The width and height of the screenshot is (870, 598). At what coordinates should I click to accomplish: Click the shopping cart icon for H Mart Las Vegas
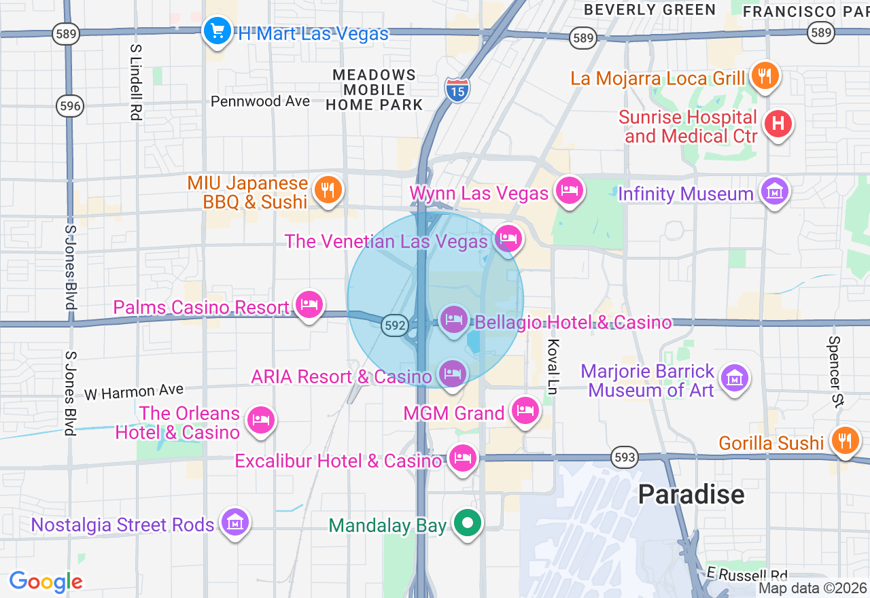(217, 31)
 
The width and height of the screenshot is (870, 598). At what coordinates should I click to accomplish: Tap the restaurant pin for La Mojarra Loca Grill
(765, 76)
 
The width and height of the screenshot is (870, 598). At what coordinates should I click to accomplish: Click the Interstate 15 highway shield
(457, 89)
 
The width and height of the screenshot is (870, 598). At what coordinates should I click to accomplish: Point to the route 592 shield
(394, 326)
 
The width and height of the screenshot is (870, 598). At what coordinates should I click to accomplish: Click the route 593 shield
(624, 457)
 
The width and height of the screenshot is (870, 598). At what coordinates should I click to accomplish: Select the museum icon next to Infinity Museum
(775, 192)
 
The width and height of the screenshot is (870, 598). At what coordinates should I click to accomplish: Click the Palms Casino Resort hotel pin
(309, 305)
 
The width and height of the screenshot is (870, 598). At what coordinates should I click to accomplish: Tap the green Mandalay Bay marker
(468, 524)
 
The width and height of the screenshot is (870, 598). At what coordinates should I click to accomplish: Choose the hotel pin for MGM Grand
(525, 410)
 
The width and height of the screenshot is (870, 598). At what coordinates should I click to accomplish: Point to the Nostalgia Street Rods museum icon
(235, 523)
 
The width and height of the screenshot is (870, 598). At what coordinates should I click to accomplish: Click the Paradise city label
(691, 494)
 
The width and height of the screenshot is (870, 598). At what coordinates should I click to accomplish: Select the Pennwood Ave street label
(260, 101)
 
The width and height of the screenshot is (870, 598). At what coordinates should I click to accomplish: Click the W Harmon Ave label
(134, 392)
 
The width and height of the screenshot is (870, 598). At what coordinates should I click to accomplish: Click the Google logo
(46, 582)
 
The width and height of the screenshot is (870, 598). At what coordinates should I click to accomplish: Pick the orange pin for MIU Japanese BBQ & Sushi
(328, 190)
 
